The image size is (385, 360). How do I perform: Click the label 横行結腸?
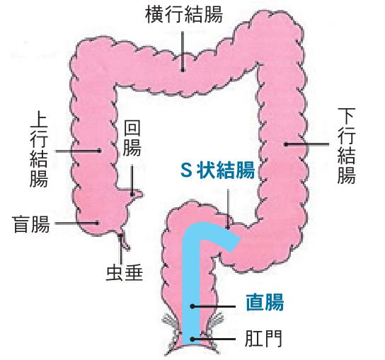click(184, 14)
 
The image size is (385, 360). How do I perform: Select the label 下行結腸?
click(347, 146)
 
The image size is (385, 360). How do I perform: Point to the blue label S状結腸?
click(217, 170)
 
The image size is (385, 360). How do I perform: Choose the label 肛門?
click(263, 339)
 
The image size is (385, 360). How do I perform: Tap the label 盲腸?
click(31, 224)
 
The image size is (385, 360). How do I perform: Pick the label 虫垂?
click(125, 273)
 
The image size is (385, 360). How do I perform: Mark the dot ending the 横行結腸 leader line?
click(183, 70)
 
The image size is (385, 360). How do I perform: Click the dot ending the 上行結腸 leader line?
click(100, 151)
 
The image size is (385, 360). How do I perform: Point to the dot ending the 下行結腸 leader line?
click(286, 144)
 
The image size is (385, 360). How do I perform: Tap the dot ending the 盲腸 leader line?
click(97, 223)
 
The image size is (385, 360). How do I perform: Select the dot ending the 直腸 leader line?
click(192, 306)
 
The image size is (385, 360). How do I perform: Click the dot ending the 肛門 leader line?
click(192, 339)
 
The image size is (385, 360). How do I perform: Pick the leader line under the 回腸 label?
click(132, 180)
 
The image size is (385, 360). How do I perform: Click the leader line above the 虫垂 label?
click(120, 249)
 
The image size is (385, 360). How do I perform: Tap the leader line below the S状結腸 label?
click(228, 209)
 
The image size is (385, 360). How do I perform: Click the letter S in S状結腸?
click(186, 170)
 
